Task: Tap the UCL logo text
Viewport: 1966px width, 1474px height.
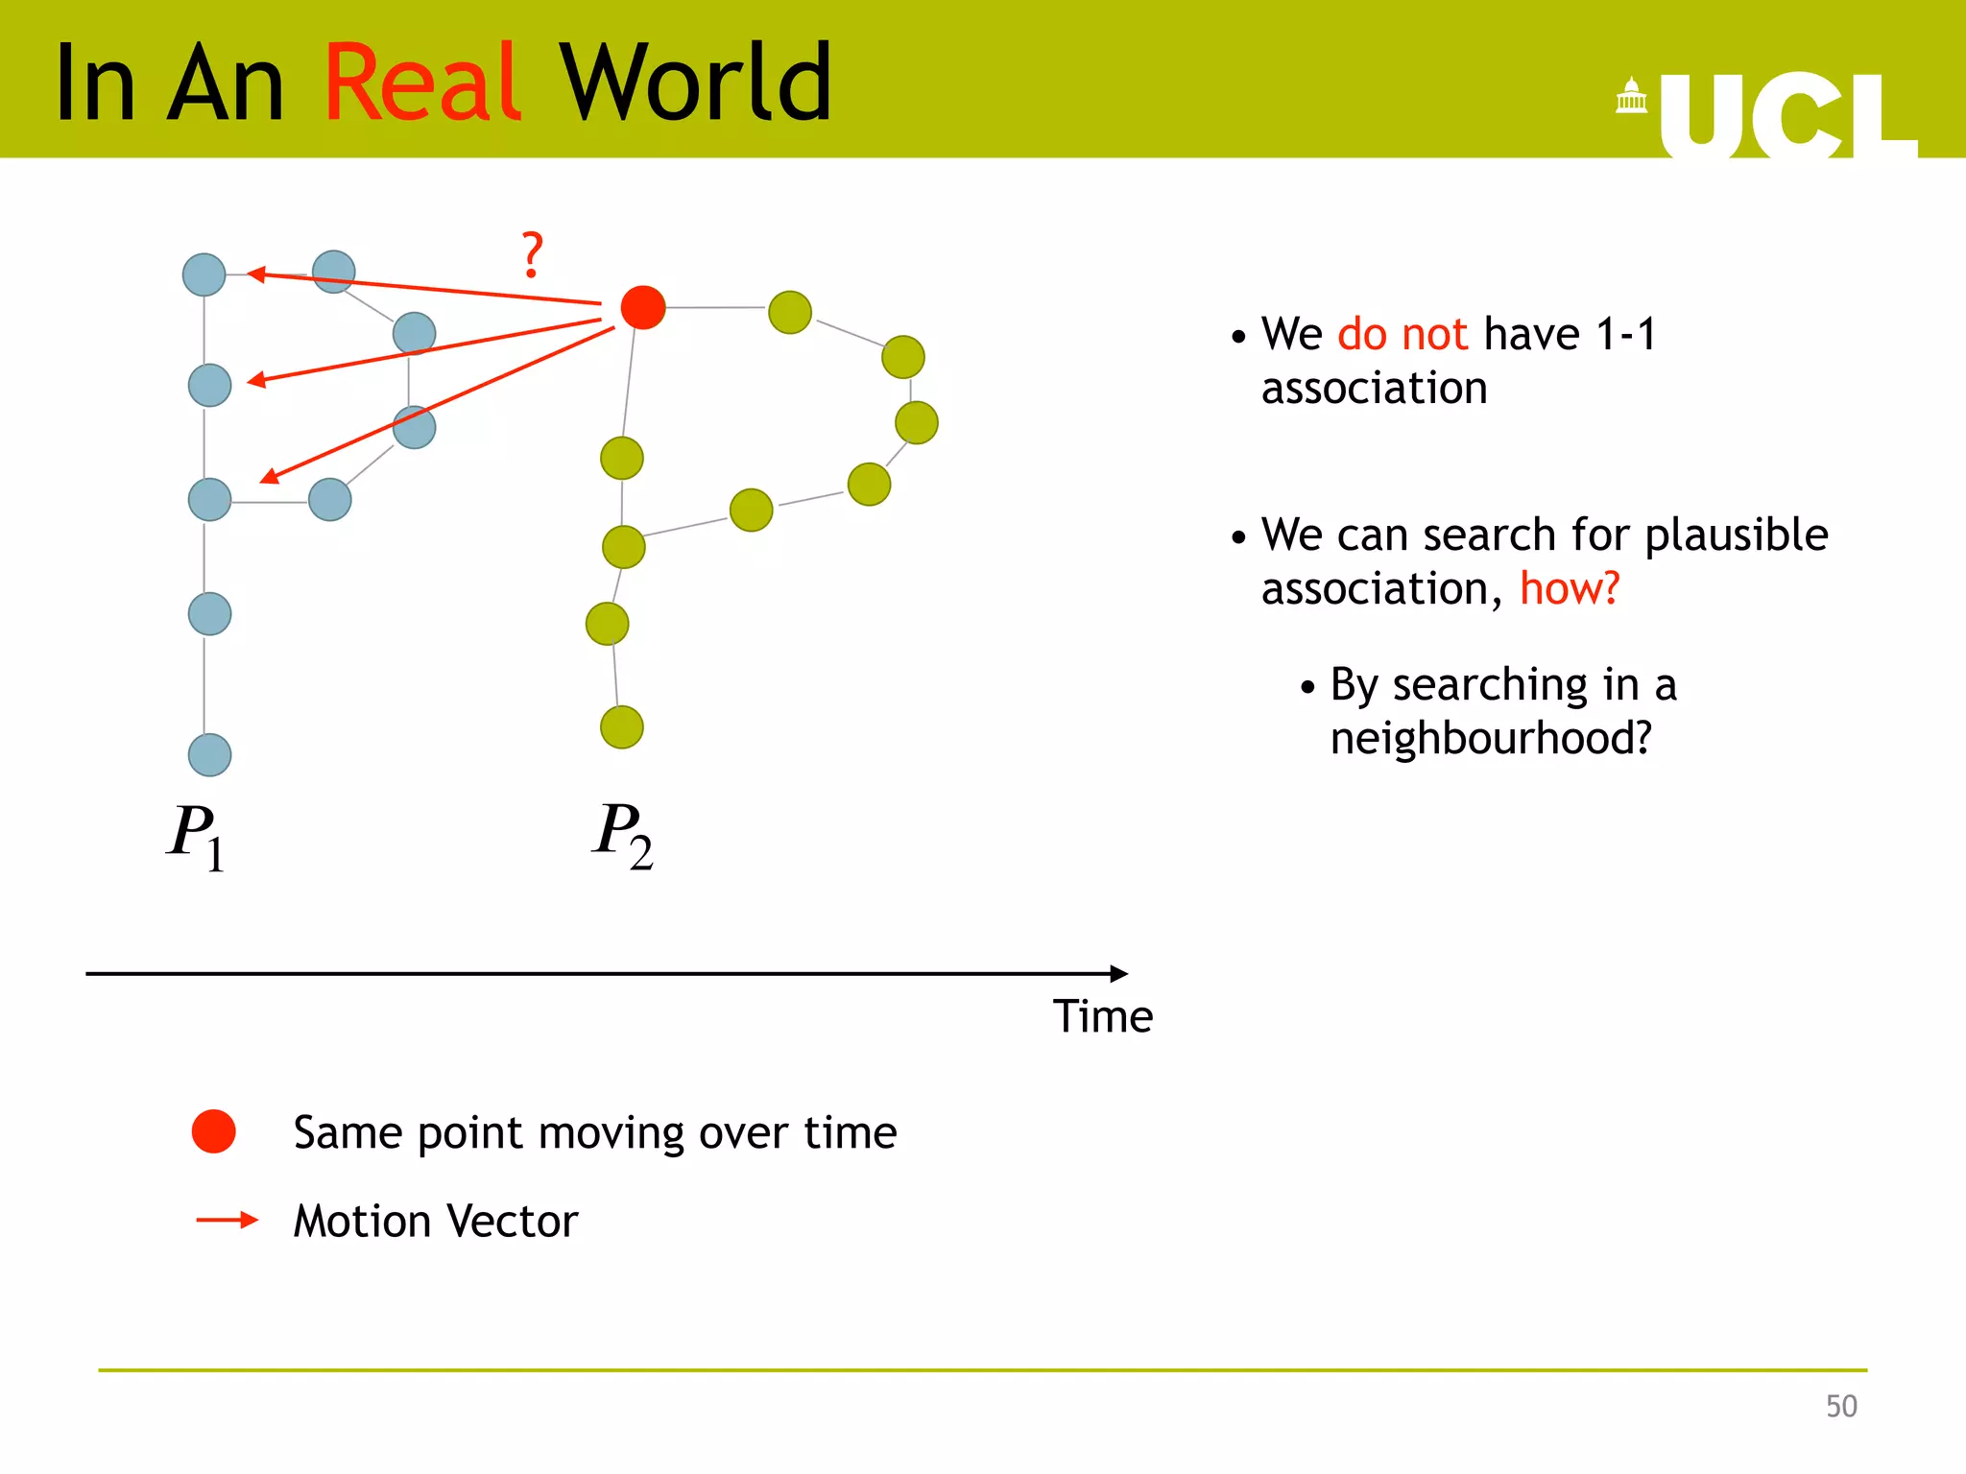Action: point(1786,115)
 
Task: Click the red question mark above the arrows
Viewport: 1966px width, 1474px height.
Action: point(532,254)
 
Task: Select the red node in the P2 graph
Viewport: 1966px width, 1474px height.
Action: point(643,307)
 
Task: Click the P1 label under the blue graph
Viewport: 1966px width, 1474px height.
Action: point(196,835)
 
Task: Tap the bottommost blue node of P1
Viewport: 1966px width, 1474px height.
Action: point(209,755)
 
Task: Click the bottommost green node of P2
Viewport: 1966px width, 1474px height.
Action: point(622,727)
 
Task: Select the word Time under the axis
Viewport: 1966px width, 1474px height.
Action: point(1102,1016)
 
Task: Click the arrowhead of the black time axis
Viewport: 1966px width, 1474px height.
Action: point(1118,973)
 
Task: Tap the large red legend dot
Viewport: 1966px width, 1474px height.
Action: point(214,1131)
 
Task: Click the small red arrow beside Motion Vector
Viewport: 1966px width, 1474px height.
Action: point(228,1221)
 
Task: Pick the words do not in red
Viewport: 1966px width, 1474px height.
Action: point(1402,335)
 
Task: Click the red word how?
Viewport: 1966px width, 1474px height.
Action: point(1569,588)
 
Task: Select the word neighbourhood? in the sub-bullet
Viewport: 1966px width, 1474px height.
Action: point(1490,739)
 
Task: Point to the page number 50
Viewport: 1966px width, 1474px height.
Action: point(1840,1406)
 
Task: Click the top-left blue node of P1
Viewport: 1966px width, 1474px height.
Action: point(204,275)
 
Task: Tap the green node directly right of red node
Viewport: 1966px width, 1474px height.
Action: point(790,313)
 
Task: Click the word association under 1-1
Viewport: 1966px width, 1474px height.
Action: point(1374,389)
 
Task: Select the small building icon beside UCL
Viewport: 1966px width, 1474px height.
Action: point(1630,96)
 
